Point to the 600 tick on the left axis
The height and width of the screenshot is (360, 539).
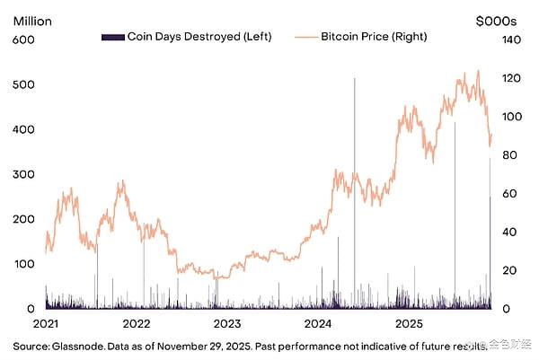point(23,40)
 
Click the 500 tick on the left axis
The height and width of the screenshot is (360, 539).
point(23,84)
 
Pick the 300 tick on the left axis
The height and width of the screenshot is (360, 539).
point(23,174)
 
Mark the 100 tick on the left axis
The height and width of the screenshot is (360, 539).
point(23,264)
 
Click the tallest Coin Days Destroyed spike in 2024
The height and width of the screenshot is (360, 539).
point(354,81)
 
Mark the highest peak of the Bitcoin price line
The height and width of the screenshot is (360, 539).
point(478,71)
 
